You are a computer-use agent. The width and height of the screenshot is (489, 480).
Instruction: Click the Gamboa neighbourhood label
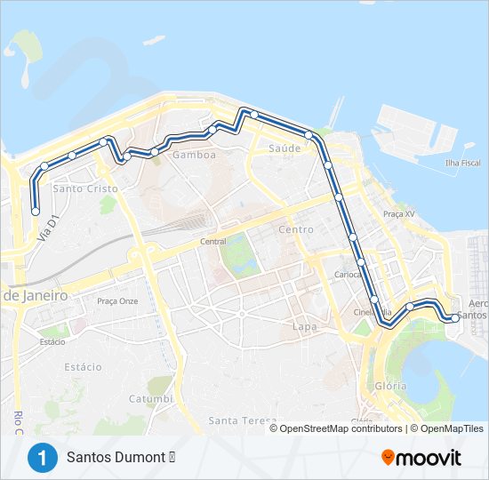(x=194, y=155)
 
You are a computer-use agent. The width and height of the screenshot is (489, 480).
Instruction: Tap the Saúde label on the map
(x=285, y=148)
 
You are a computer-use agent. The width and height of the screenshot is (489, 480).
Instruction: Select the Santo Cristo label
(x=80, y=188)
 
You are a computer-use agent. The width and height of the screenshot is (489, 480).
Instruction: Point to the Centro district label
(x=296, y=229)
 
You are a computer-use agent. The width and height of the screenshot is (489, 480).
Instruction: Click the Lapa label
(x=305, y=326)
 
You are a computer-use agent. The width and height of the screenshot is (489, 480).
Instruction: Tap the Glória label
(x=390, y=386)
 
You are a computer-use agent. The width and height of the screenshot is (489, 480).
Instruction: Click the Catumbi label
(x=150, y=398)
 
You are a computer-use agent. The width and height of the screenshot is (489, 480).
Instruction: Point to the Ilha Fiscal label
(x=462, y=163)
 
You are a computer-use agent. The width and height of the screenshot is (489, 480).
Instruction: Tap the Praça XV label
(x=399, y=214)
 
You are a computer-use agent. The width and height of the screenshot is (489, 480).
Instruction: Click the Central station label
(x=213, y=241)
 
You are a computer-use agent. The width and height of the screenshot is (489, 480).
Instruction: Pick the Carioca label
(x=349, y=275)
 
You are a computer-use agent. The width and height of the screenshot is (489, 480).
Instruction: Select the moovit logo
(x=421, y=458)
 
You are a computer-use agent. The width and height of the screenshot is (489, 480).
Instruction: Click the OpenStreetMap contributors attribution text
(x=340, y=428)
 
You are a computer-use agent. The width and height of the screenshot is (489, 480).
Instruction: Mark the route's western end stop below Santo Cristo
(x=36, y=212)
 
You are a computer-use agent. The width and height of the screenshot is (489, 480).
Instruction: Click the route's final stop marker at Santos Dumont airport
(x=455, y=317)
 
